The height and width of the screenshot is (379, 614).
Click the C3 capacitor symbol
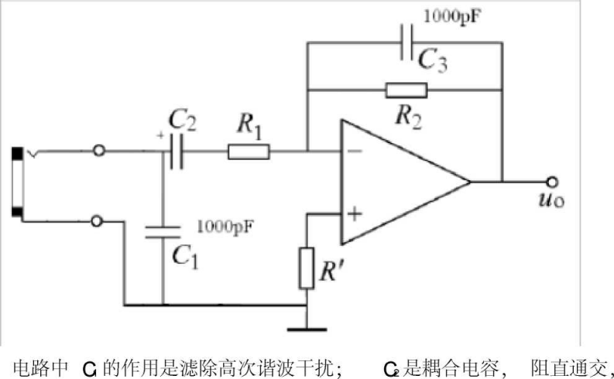(407, 45)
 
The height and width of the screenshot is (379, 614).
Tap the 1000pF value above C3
(449, 15)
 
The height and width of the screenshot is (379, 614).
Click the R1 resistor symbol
(249, 152)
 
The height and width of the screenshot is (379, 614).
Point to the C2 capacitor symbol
(177, 152)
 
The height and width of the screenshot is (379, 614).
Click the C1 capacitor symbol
(163, 232)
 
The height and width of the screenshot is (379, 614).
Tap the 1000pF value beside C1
(226, 226)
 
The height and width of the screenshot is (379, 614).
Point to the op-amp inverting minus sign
(354, 152)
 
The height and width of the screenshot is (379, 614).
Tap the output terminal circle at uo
(551, 183)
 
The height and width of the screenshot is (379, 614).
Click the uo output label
(553, 202)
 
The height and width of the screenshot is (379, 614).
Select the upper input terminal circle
(98, 152)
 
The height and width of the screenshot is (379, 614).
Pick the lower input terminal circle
(98, 221)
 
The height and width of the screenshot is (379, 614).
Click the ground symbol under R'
(307, 329)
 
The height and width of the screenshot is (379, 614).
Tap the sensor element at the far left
(16, 183)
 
